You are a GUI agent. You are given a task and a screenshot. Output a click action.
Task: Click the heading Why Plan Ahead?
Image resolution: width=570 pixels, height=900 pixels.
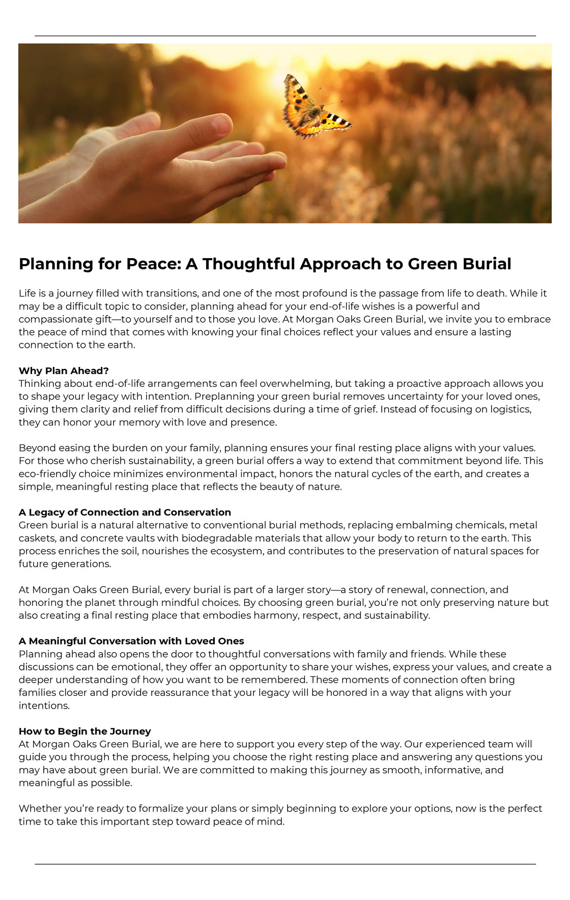(x=64, y=370)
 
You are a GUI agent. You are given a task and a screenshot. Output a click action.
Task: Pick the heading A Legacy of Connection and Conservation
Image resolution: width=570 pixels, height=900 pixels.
(x=125, y=512)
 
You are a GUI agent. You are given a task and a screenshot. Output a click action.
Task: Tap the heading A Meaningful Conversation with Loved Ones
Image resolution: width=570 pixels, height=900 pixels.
(x=131, y=641)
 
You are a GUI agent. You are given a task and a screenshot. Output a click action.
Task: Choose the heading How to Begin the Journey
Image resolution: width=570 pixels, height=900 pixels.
(x=84, y=731)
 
